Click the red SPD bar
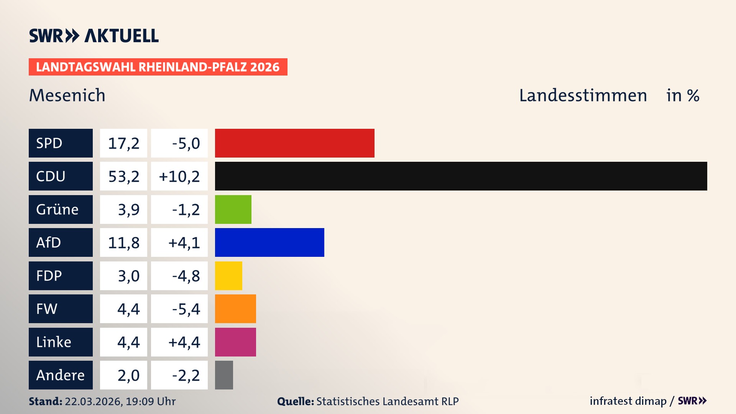click(294, 143)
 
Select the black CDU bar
click(461, 176)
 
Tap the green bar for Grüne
click(233, 209)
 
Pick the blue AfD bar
click(269, 242)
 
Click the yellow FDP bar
click(228, 276)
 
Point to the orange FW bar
click(235, 309)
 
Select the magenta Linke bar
click(235, 342)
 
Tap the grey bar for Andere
click(224, 375)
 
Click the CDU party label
click(61, 176)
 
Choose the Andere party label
click(61, 375)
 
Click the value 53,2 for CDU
click(123, 176)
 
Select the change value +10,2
click(179, 176)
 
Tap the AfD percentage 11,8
click(123, 243)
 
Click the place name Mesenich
click(67, 95)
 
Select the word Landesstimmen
click(583, 95)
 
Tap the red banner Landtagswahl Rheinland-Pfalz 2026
click(158, 67)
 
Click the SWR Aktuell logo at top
click(94, 36)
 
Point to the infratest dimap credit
click(628, 401)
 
